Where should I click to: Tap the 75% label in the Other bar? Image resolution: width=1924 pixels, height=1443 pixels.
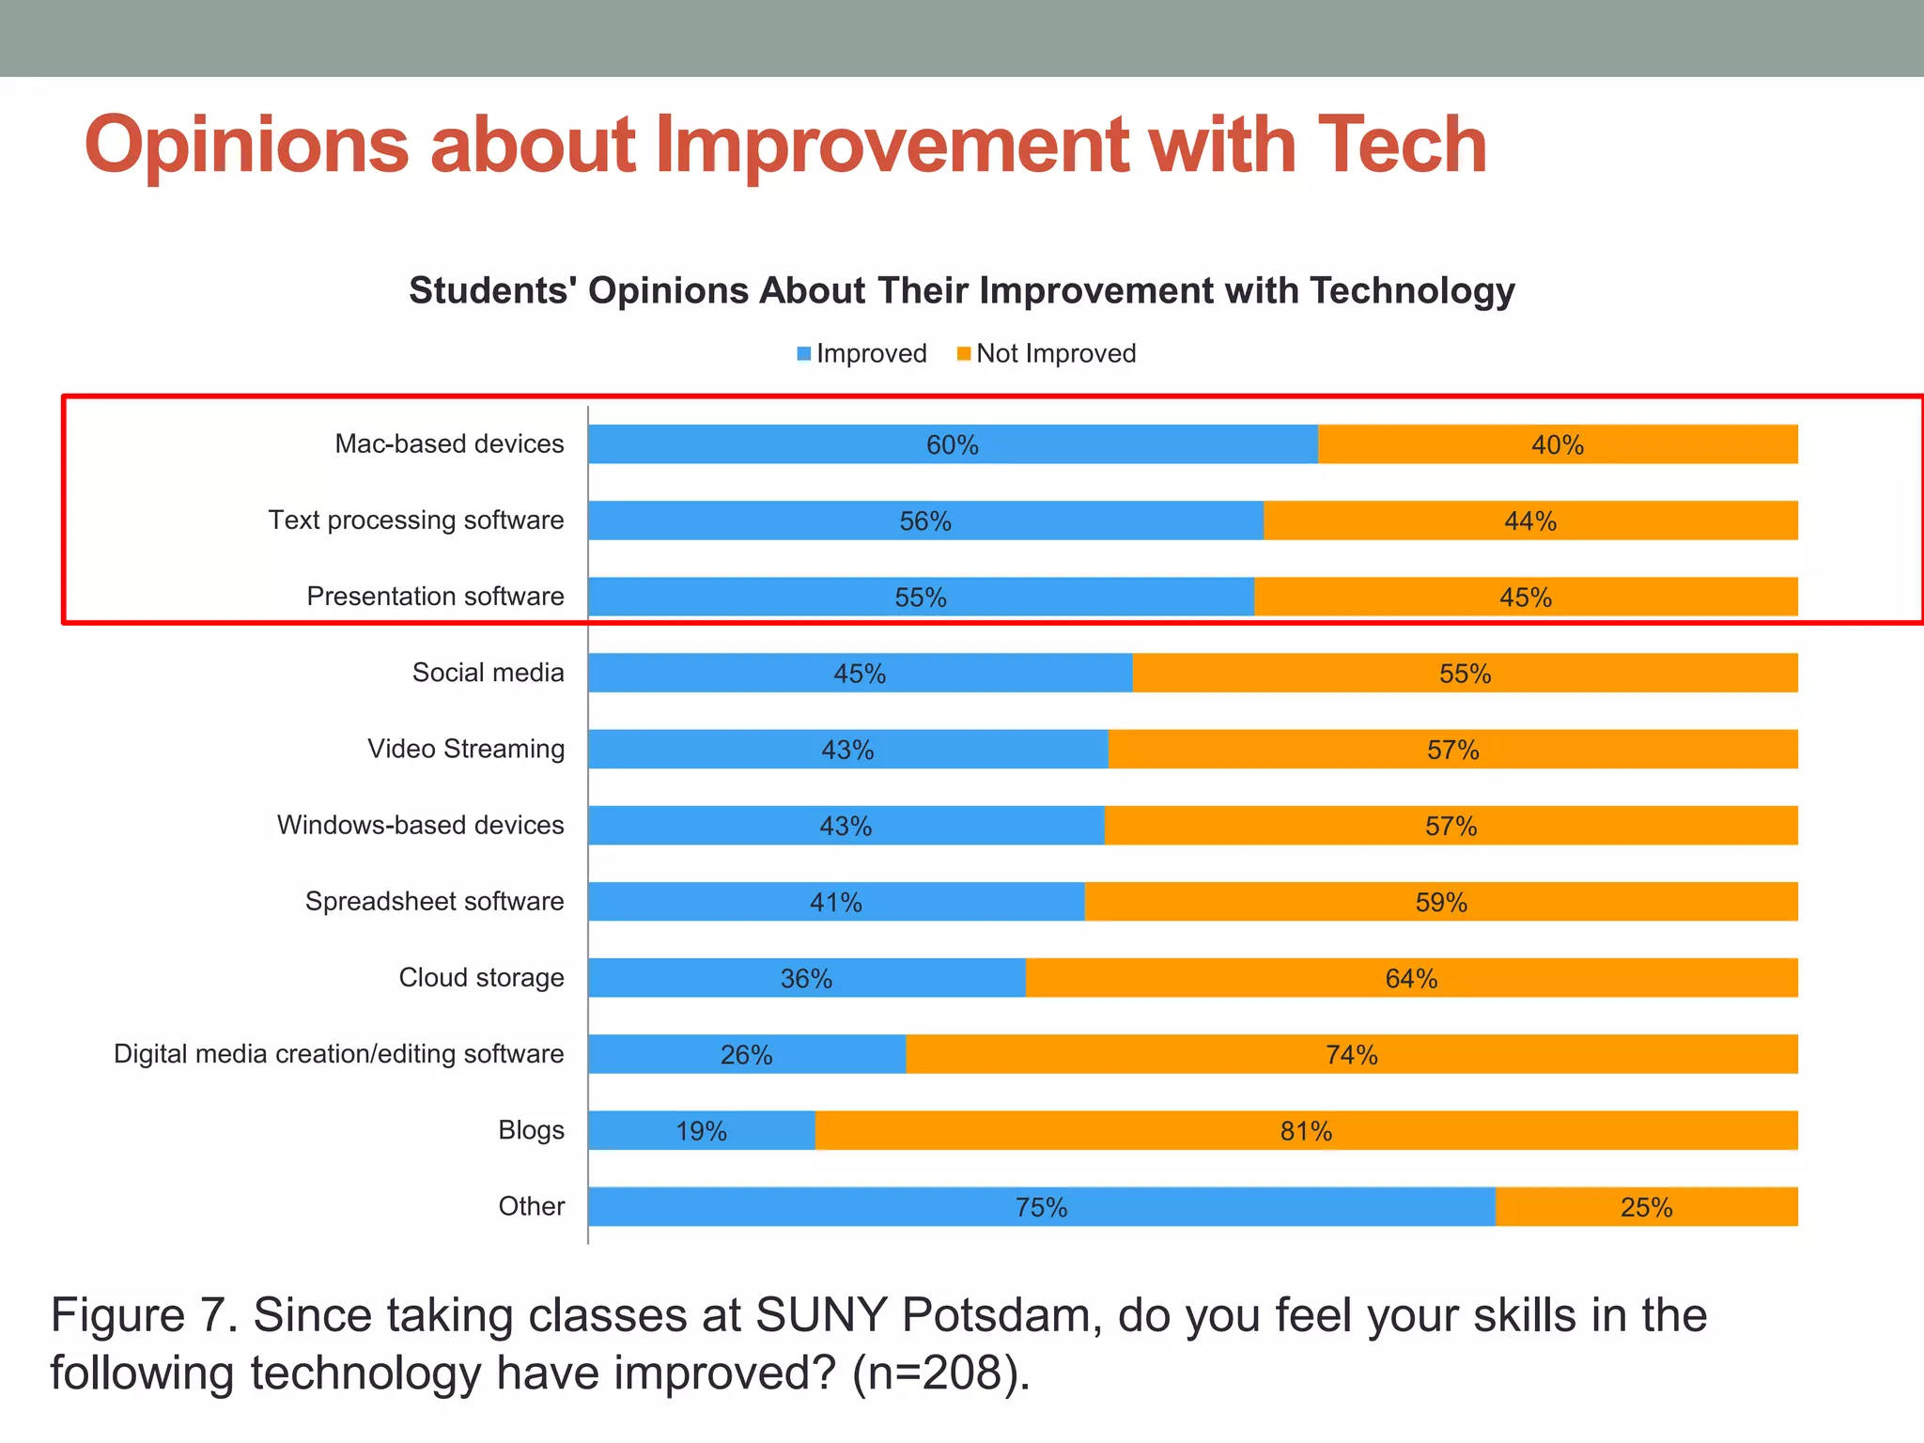(1041, 1207)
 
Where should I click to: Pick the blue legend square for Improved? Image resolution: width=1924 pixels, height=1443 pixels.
(804, 354)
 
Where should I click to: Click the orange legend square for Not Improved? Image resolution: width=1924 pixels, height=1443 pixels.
(963, 354)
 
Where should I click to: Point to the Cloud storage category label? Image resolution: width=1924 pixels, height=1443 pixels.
(481, 978)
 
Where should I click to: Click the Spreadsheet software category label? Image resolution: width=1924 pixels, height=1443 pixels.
(434, 902)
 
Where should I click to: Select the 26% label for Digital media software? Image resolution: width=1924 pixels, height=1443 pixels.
(746, 1055)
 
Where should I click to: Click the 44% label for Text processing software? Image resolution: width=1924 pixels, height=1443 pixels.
(1530, 521)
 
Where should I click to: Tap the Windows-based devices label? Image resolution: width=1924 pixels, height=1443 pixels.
(420, 826)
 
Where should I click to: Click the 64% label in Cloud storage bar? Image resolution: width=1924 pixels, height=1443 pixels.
(1411, 979)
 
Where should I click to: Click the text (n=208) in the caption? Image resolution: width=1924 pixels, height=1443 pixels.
(939, 1373)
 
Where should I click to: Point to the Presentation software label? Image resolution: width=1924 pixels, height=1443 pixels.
(435, 597)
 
